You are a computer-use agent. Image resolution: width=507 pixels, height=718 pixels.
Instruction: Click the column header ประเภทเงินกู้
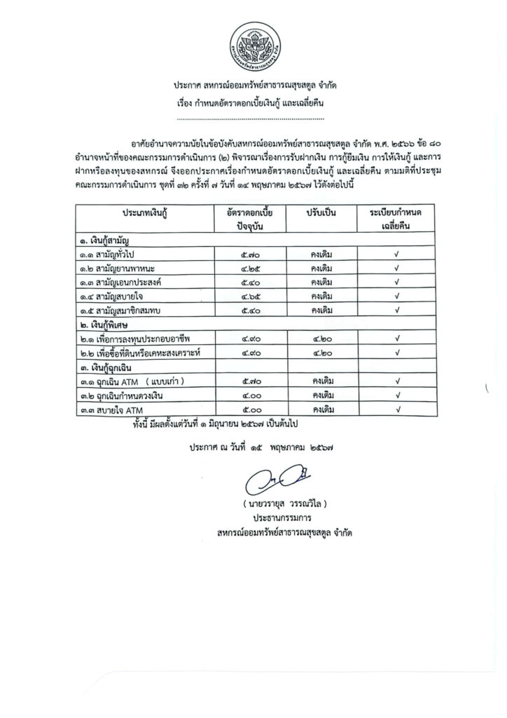pos(149,211)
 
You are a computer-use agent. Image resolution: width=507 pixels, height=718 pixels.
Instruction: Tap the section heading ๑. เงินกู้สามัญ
pos(110,241)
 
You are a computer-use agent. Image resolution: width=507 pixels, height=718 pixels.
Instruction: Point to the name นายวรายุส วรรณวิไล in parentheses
pos(283,505)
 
